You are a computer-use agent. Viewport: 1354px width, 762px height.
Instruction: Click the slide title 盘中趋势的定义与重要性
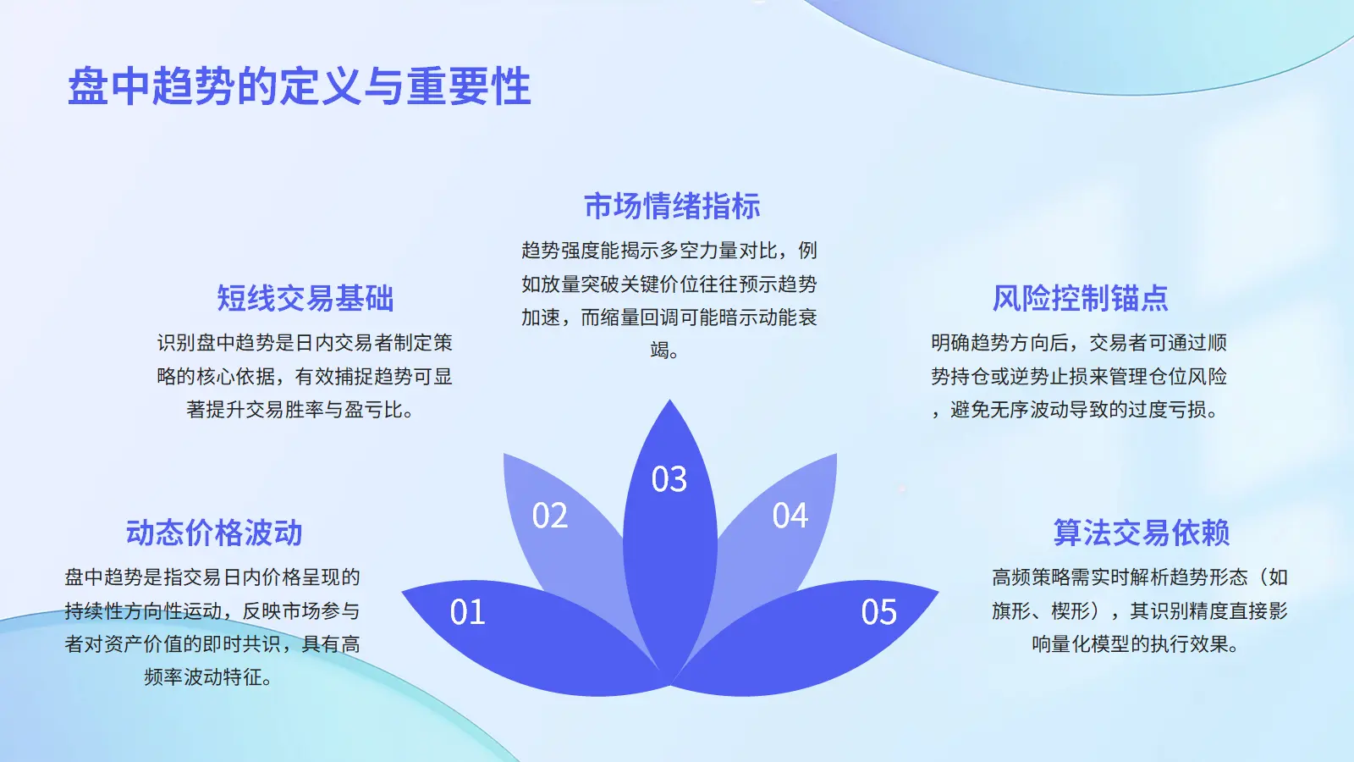(x=300, y=86)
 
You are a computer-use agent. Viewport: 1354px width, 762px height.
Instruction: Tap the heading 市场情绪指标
(x=672, y=206)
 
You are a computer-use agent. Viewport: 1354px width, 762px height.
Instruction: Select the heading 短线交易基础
(x=305, y=298)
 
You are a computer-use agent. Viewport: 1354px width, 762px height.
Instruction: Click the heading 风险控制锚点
(x=1080, y=298)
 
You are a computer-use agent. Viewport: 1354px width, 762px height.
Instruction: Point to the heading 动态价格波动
(x=214, y=533)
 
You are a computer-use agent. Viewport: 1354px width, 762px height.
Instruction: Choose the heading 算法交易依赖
(x=1142, y=533)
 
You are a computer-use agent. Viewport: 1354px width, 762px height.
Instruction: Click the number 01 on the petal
(x=467, y=612)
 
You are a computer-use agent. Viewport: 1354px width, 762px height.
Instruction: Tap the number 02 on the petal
(x=549, y=516)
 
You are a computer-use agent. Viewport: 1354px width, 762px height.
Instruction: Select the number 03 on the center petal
(x=669, y=479)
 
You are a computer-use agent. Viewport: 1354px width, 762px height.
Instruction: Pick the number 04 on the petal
(x=790, y=516)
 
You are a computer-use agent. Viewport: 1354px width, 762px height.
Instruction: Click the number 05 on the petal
(x=879, y=612)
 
